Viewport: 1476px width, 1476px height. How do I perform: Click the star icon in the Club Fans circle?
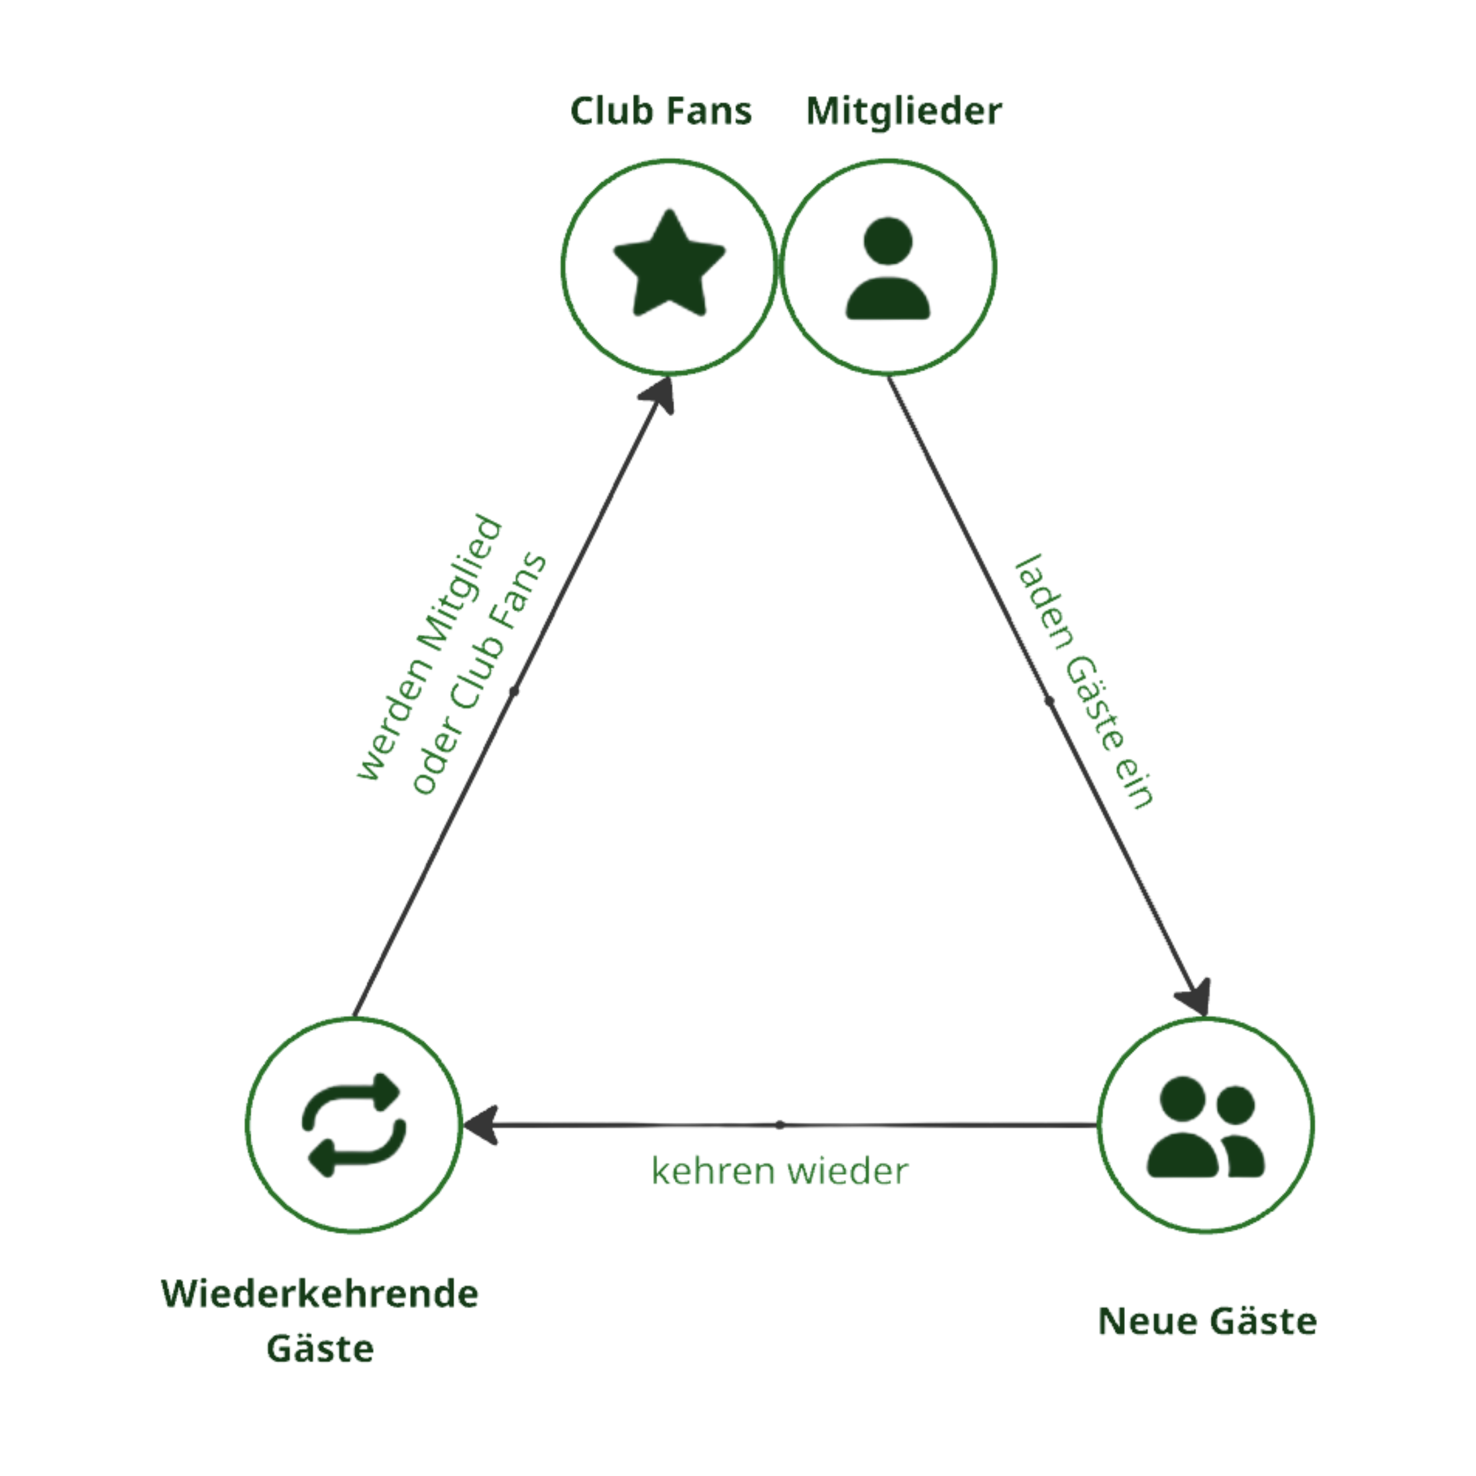[669, 263]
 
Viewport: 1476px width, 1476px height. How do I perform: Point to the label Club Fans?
[661, 112]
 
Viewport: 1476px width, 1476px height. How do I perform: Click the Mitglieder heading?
[904, 112]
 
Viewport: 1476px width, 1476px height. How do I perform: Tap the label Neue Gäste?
[1207, 1321]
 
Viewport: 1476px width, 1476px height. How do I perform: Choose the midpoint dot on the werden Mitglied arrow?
[514, 692]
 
